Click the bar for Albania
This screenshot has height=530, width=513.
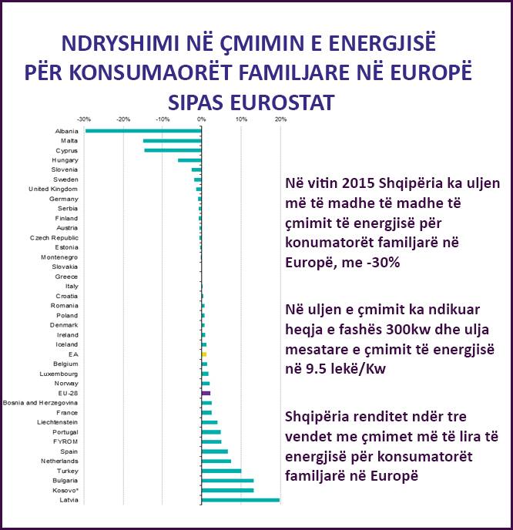click(142, 131)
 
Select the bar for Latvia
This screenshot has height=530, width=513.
click(240, 500)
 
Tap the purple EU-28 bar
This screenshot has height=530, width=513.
click(206, 393)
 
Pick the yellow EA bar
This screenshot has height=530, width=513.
click(204, 354)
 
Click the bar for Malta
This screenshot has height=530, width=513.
click(172, 140)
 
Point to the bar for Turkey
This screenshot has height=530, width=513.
click(221, 471)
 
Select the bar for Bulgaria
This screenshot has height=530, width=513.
click(227, 481)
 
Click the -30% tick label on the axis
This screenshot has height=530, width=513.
click(84, 119)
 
